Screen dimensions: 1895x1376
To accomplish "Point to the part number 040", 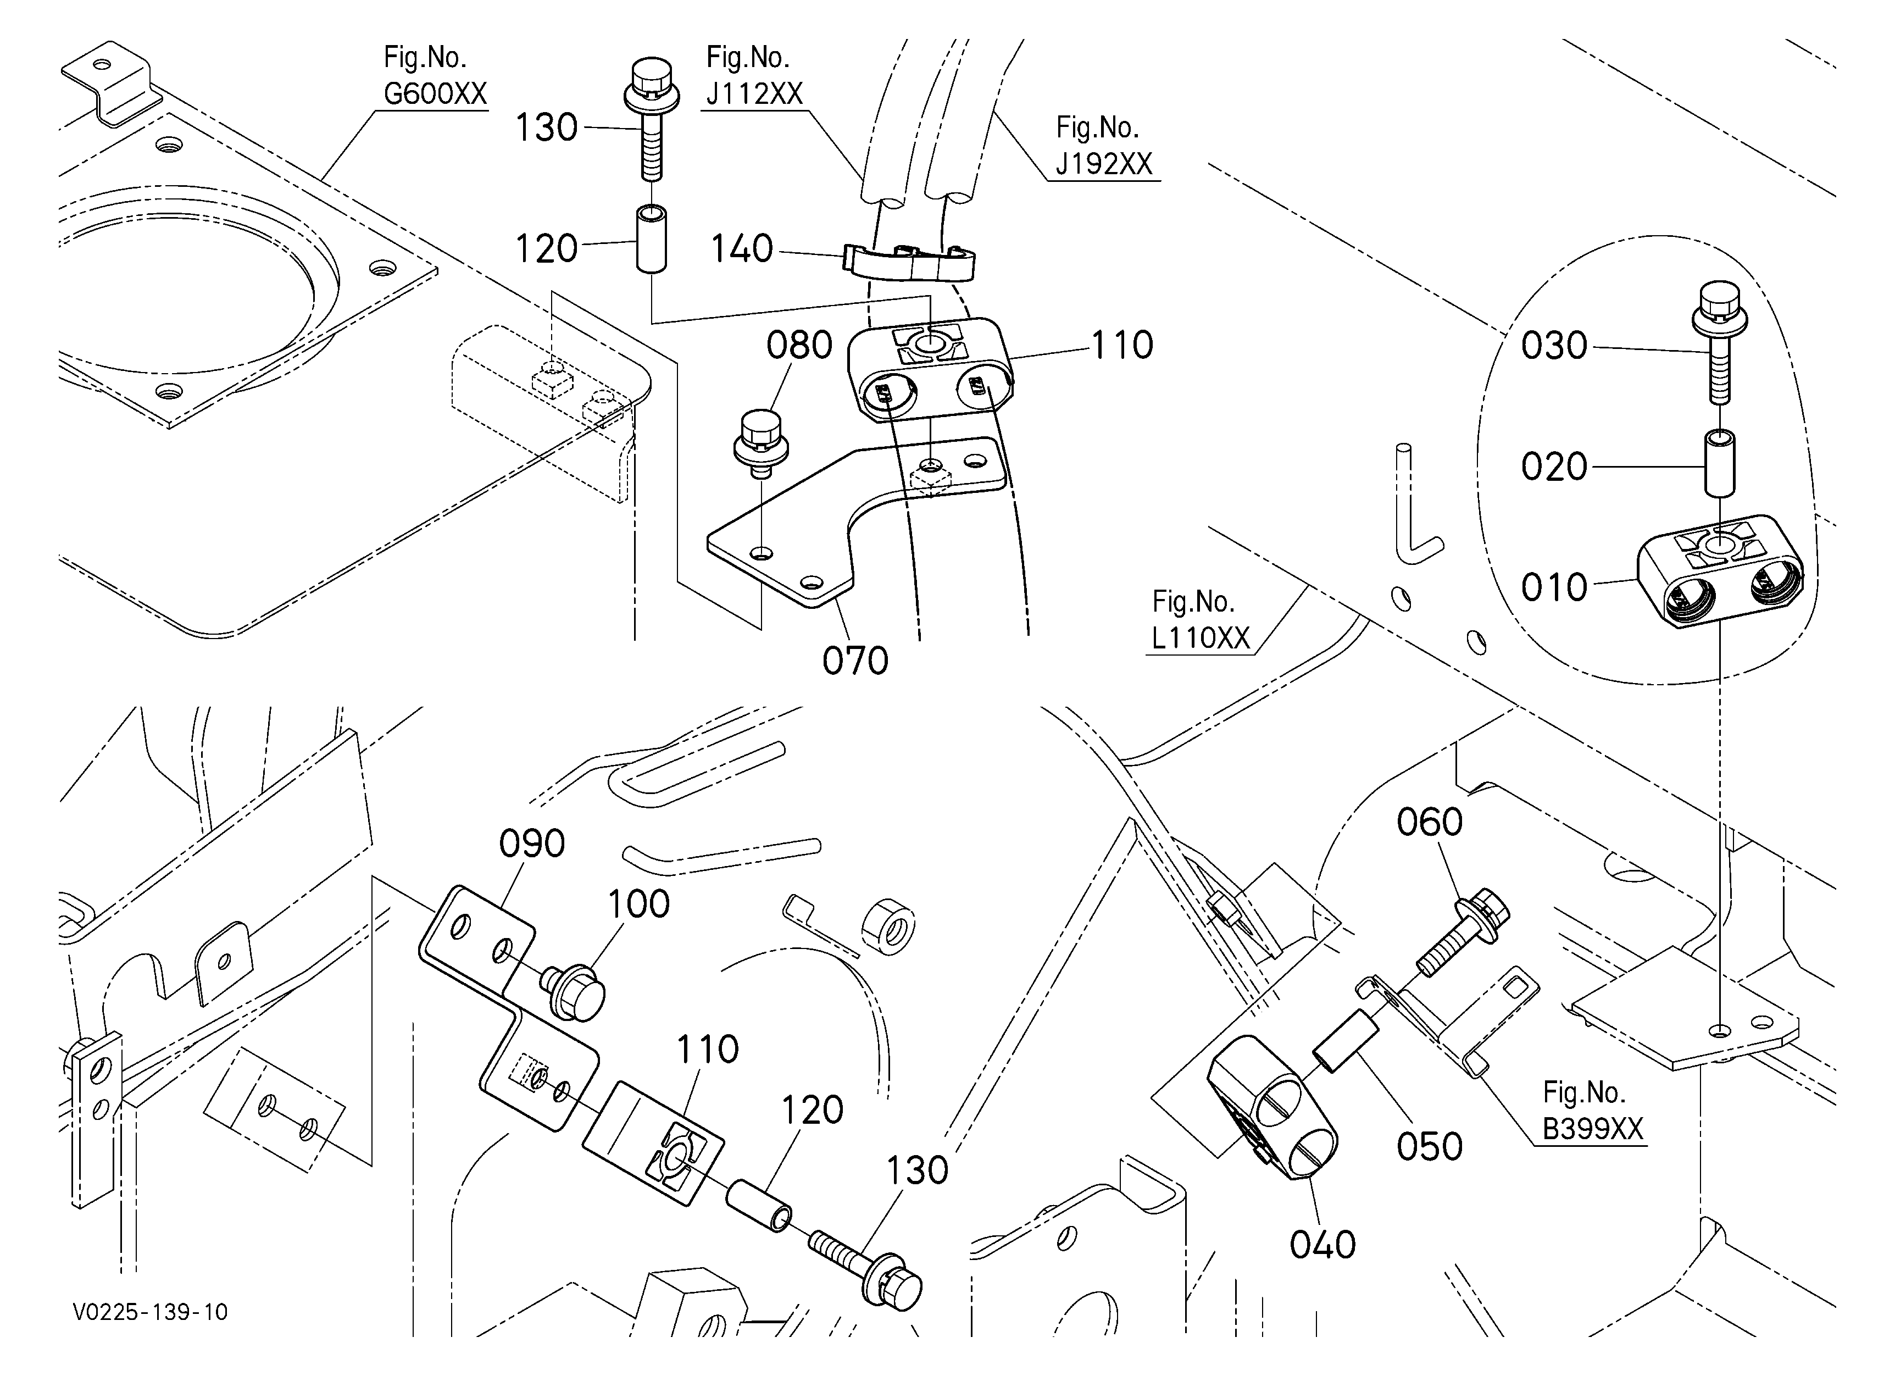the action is (1322, 1245).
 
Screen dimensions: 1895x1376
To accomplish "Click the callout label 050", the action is (1430, 1147).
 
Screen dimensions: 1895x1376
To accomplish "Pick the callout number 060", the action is (1430, 822).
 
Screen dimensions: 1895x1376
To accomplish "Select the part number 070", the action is (855, 661).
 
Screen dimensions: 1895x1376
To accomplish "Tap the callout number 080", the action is (799, 345).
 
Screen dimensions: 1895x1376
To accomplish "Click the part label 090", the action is (532, 844).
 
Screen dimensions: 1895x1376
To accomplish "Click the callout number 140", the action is (742, 249).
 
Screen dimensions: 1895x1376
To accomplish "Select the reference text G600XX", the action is (435, 93).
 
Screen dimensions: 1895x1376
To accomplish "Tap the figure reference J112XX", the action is (754, 93).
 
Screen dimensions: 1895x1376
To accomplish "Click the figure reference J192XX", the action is (1104, 164).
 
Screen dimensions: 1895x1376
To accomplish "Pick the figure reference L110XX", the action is (1200, 639).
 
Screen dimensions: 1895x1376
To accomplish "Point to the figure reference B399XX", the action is (1592, 1129).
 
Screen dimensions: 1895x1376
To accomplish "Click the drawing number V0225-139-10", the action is (151, 1312).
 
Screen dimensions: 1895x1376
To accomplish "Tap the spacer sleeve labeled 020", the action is (1719, 462).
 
